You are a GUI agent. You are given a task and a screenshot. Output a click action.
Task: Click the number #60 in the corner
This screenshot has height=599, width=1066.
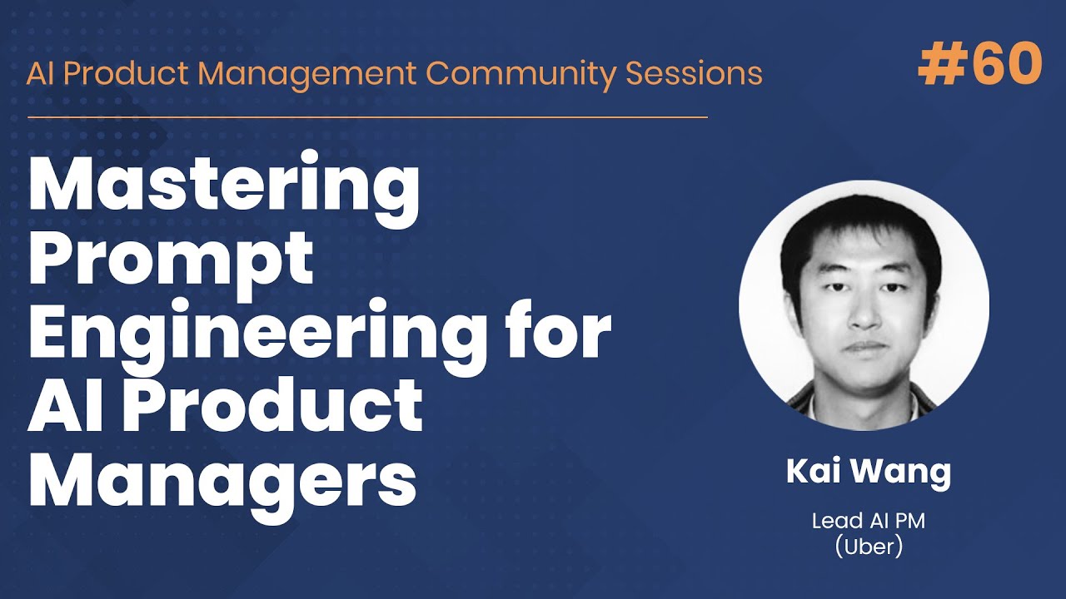(x=980, y=64)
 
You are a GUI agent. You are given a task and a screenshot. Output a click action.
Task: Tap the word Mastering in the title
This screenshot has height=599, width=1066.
(x=224, y=188)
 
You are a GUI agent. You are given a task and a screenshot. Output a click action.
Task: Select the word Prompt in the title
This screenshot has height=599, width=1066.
(x=171, y=260)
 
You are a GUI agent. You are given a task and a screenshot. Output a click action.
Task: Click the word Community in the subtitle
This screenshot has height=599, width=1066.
(x=521, y=73)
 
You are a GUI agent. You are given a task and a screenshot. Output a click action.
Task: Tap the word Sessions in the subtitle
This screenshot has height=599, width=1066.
(x=694, y=73)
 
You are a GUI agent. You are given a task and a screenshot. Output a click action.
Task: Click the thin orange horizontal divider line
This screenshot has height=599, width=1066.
(x=366, y=117)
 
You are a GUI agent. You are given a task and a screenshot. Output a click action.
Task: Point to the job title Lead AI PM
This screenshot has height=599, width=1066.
(x=869, y=522)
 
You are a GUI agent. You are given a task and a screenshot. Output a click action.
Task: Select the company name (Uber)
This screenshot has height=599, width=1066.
(x=869, y=547)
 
